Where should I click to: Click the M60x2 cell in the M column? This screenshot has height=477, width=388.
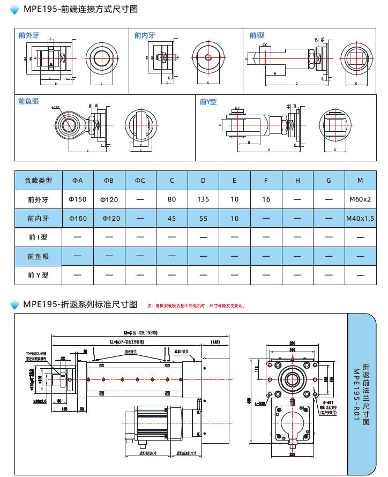[360, 199]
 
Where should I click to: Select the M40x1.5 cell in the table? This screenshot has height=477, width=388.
[360, 219]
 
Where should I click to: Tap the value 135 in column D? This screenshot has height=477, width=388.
[203, 199]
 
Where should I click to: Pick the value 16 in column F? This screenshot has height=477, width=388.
[266, 199]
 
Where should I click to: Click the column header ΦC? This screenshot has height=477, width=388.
[140, 181]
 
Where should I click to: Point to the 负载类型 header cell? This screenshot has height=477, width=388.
[38, 181]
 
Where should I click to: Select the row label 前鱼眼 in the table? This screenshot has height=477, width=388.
[38, 257]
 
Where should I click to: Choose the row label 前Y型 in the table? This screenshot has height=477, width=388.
[38, 275]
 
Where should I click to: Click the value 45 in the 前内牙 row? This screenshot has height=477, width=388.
[171, 219]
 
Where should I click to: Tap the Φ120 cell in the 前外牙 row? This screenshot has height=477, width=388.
[109, 199]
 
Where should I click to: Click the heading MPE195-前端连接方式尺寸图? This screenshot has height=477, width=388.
[80, 9]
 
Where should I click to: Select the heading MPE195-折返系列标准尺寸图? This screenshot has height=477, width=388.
[80, 304]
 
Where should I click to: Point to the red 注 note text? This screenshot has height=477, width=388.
[196, 305]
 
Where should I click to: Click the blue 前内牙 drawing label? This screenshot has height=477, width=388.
[145, 35]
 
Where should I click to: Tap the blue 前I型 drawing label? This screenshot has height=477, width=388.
[257, 35]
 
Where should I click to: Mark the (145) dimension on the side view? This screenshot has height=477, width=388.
[215, 341]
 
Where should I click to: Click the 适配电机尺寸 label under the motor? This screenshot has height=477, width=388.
[148, 453]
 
